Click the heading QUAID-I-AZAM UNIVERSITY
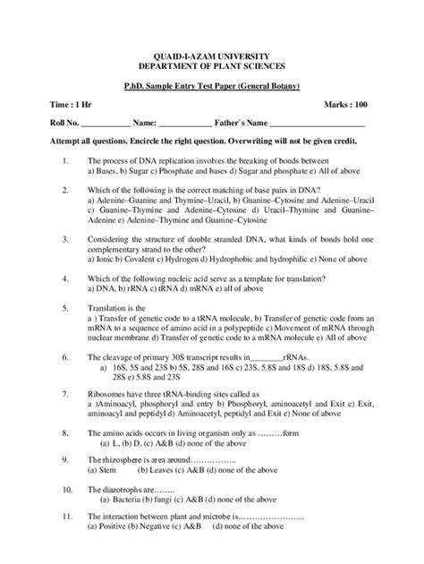tap(212, 56)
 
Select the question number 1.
tap(66, 160)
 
